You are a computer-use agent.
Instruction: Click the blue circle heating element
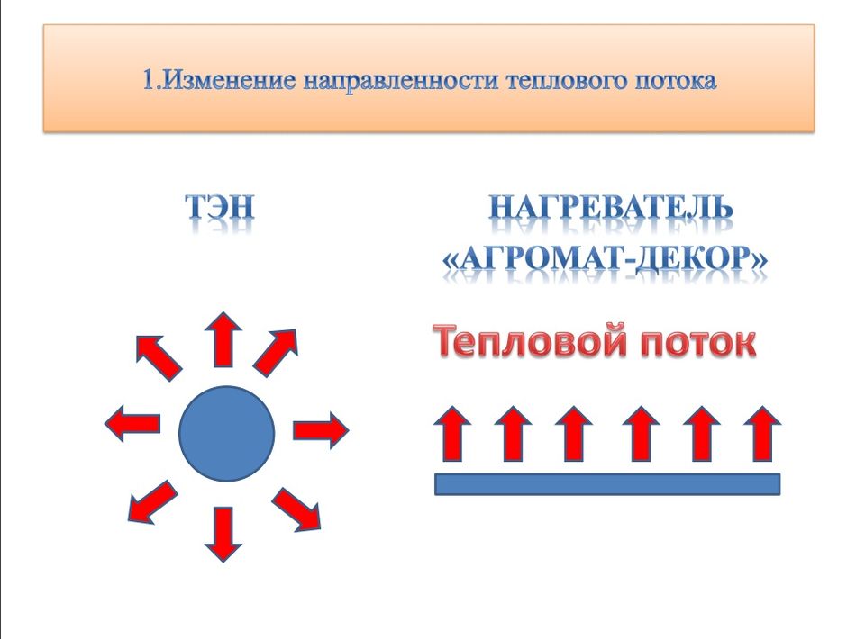226,434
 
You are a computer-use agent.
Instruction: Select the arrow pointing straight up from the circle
223,339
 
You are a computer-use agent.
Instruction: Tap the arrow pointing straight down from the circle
223,535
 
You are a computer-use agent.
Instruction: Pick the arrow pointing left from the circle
132,424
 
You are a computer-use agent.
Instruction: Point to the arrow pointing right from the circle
321,430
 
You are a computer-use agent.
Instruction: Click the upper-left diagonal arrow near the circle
159,357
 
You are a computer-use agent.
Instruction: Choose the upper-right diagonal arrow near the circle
276,353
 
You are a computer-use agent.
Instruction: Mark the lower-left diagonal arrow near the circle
152,502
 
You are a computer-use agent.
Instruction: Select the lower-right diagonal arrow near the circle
296,509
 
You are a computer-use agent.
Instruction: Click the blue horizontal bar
607,484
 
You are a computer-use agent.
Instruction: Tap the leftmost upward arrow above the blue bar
452,434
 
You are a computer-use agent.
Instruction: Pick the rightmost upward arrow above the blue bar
762,434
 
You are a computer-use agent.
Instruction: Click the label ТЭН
220,208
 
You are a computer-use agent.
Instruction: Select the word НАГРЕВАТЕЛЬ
611,208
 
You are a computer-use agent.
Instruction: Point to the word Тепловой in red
528,341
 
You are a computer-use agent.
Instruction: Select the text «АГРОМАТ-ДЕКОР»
605,258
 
